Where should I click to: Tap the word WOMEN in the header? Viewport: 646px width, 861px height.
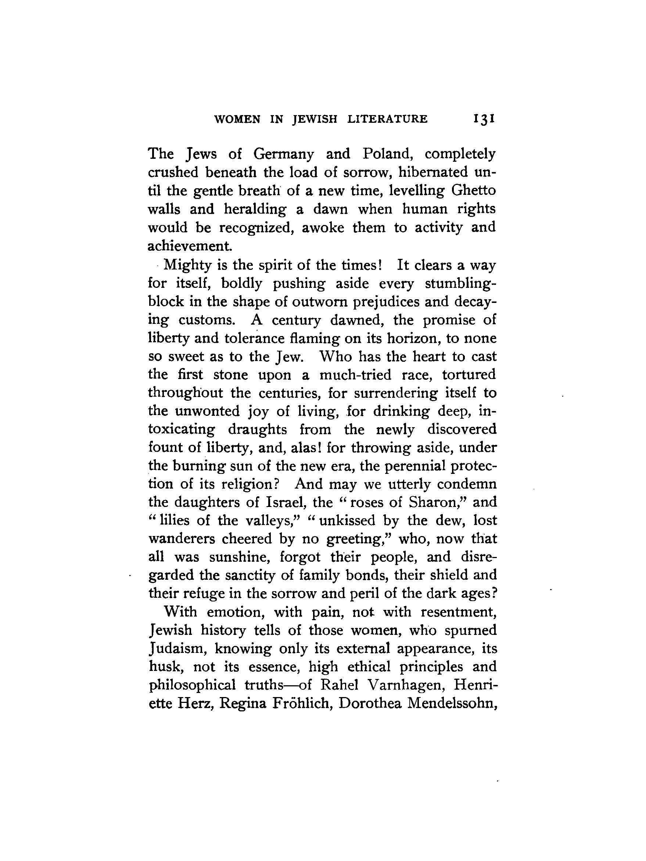[237, 119]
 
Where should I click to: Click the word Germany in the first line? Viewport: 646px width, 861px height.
[283, 154]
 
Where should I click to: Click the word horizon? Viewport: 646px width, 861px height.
[413, 339]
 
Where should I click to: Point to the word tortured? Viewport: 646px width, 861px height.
[469, 375]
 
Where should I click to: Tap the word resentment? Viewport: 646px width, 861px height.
[459, 612]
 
